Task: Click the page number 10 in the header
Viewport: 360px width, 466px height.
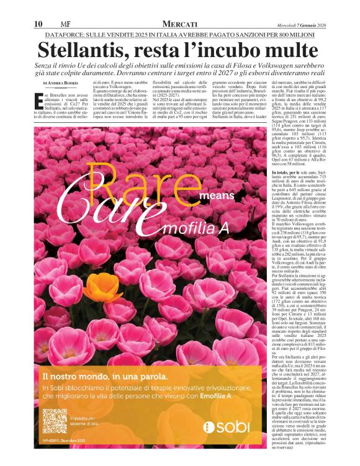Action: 38,24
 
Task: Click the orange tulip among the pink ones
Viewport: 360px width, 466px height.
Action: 102,287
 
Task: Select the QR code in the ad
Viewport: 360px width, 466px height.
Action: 54,421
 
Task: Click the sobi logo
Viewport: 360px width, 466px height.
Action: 227,426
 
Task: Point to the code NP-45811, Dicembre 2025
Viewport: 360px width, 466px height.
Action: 66,441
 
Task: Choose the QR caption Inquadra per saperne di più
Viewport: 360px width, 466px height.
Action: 86,420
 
